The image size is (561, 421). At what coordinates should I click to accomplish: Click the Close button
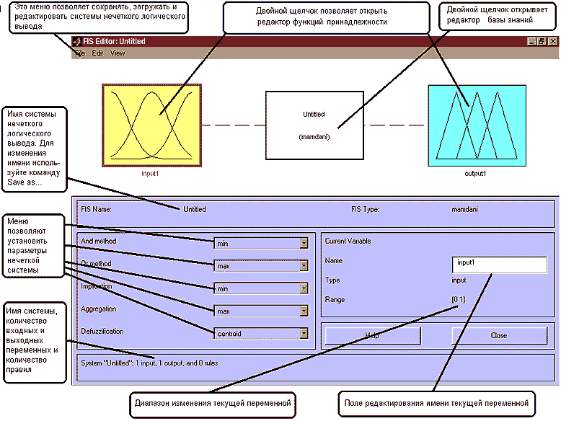click(x=498, y=335)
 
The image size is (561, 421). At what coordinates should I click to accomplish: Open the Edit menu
click(x=97, y=53)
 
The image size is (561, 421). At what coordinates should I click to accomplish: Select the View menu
click(x=118, y=53)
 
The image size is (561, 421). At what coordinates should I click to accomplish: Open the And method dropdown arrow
click(x=304, y=244)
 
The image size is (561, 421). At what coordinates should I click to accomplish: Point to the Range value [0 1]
click(x=458, y=299)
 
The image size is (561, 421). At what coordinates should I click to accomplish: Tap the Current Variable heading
click(x=348, y=241)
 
